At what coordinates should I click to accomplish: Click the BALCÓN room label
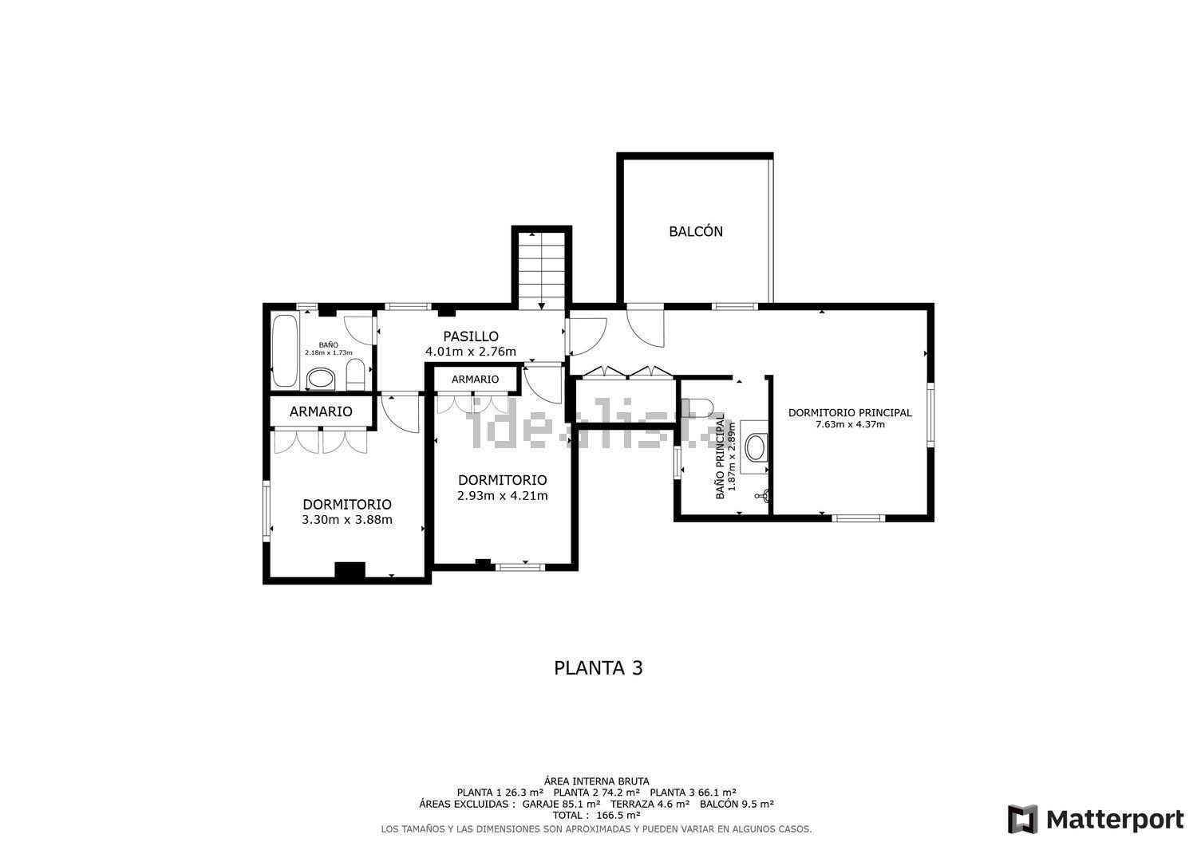pyautogui.click(x=696, y=231)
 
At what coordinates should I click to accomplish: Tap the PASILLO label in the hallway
pyautogui.click(x=471, y=336)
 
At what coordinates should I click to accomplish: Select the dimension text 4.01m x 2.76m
pyautogui.click(x=471, y=352)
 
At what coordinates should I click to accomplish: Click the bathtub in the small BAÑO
pyautogui.click(x=284, y=350)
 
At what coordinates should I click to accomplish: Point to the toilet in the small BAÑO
pyautogui.click(x=355, y=375)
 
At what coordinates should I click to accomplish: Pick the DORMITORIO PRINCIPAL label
pyautogui.click(x=850, y=413)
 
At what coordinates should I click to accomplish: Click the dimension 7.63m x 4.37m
pyautogui.click(x=850, y=425)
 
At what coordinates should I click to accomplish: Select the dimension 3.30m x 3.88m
pyautogui.click(x=347, y=520)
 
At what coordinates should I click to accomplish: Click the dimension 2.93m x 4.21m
pyautogui.click(x=502, y=496)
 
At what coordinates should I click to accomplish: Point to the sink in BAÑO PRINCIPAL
pyautogui.click(x=756, y=447)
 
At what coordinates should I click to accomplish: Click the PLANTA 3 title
pyautogui.click(x=598, y=668)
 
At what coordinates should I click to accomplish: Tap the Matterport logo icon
pyautogui.click(x=1022, y=819)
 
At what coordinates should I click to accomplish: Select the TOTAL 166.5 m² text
pyautogui.click(x=596, y=815)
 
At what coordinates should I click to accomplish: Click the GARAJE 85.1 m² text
pyautogui.click(x=561, y=804)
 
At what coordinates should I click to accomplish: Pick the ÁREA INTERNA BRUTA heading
pyautogui.click(x=596, y=781)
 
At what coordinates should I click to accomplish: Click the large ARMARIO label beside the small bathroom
pyautogui.click(x=321, y=411)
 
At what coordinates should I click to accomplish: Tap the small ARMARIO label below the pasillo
pyautogui.click(x=475, y=380)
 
